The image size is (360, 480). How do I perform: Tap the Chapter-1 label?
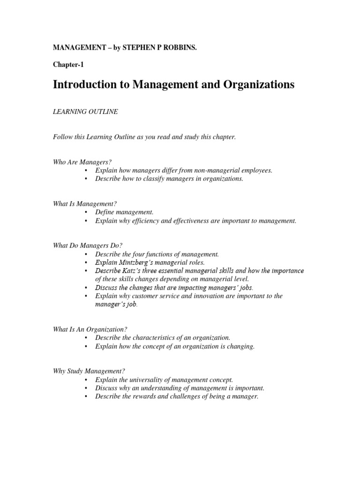pos(68,65)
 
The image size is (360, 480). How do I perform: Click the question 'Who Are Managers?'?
pos(76,162)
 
